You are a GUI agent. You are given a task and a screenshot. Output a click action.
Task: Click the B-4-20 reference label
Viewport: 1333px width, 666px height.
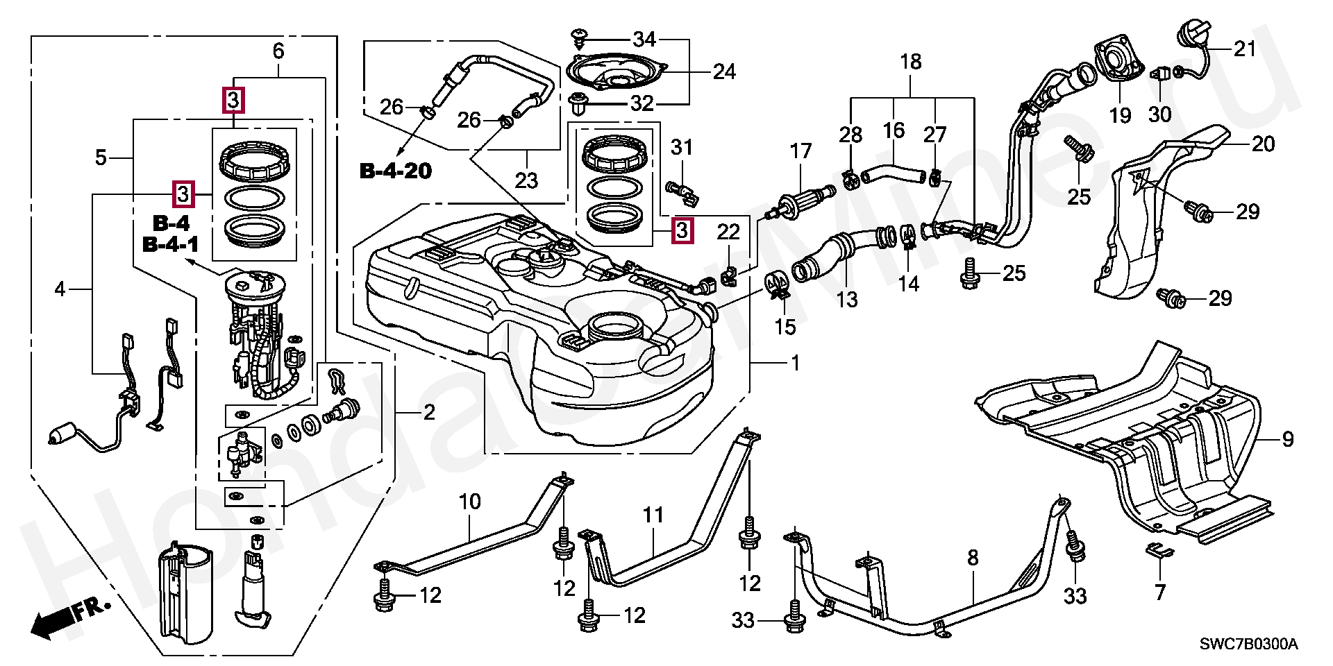(x=396, y=170)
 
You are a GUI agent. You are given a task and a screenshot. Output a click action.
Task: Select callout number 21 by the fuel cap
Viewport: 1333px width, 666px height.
(x=1245, y=49)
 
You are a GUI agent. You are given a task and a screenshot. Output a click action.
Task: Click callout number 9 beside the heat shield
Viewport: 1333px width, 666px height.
(x=1288, y=439)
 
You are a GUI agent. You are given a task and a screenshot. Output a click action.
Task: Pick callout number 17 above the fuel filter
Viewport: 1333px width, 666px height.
(x=800, y=151)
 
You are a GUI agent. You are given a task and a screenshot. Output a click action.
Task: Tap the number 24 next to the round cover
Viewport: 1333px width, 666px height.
(x=723, y=71)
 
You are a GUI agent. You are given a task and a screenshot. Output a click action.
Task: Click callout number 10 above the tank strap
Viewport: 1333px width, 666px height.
(x=470, y=501)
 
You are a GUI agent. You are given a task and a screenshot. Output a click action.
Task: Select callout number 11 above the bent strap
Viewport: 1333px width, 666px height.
(x=653, y=515)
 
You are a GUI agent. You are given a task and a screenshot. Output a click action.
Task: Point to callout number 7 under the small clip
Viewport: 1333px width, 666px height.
(x=1160, y=592)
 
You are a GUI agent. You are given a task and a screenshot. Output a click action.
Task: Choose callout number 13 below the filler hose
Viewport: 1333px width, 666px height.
(x=847, y=300)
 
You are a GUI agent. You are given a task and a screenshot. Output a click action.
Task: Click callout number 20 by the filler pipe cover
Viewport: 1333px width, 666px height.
(x=1264, y=144)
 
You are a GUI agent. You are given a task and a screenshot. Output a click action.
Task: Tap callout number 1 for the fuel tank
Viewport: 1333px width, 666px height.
(x=796, y=363)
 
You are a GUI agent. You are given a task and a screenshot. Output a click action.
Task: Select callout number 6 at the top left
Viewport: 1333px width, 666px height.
(x=278, y=51)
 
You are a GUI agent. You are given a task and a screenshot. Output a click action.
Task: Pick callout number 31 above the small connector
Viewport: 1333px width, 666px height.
(x=682, y=147)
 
